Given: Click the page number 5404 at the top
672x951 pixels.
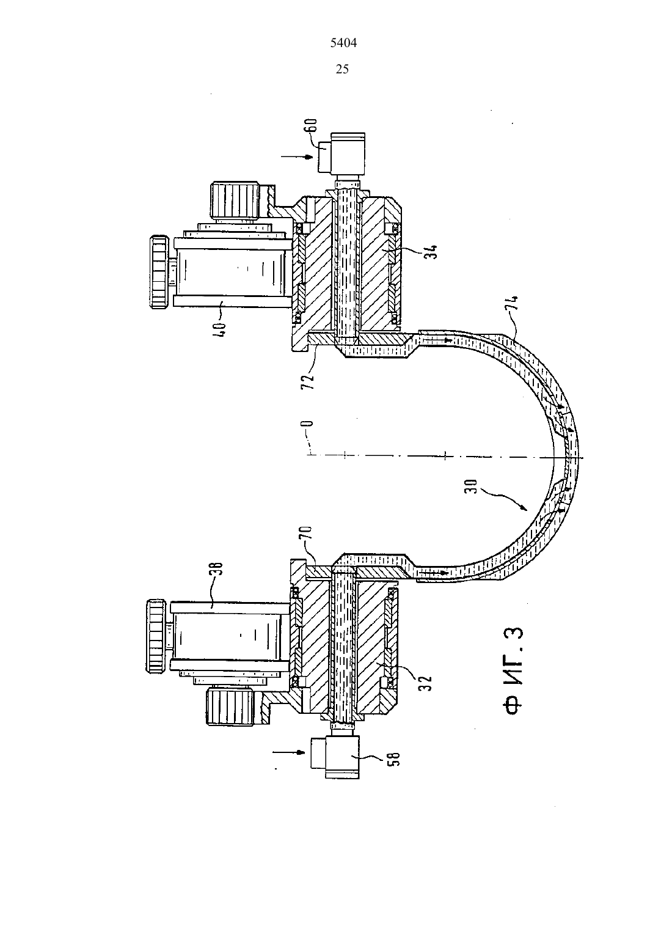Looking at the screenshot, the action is [x=343, y=43].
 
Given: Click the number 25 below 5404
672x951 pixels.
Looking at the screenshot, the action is [x=342, y=69].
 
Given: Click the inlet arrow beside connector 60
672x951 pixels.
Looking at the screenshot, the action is [x=297, y=156].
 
